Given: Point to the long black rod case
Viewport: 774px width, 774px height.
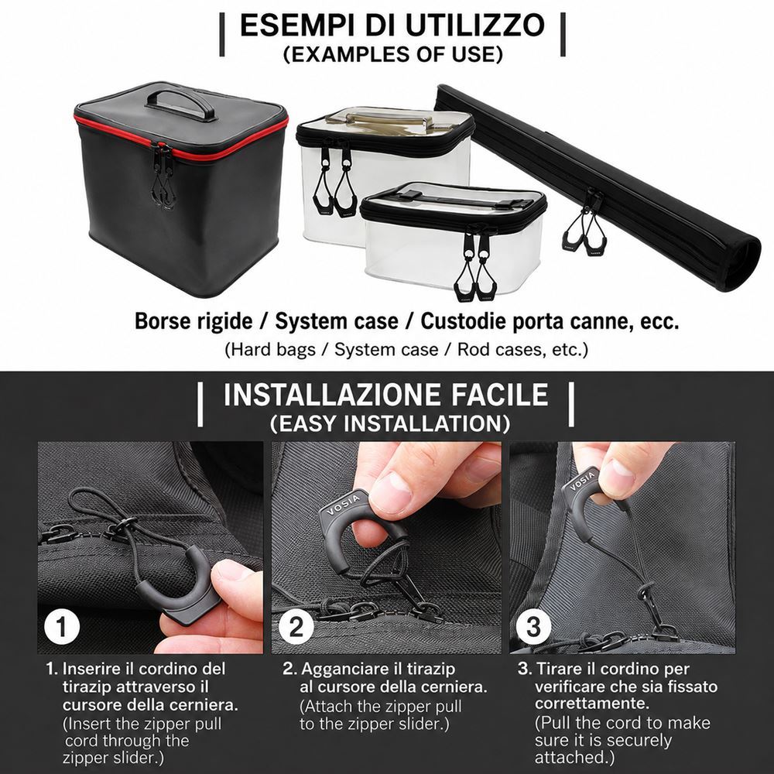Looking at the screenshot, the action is point(598,187).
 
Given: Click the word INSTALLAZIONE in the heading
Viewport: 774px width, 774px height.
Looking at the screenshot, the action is point(333,395).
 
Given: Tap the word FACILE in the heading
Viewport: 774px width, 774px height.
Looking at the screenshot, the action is point(499,395).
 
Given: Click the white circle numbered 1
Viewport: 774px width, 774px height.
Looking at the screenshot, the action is point(62,627).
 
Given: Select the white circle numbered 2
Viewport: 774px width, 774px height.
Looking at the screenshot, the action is point(296,627).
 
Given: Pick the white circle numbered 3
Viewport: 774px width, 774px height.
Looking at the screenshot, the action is point(533,627).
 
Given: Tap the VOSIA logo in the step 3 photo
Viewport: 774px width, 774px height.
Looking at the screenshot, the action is point(583,481).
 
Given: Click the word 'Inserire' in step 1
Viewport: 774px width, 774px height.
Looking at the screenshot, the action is point(92,669).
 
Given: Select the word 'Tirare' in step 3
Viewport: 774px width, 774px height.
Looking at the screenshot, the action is point(560,669).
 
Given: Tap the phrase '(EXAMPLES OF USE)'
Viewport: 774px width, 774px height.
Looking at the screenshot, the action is point(393,54).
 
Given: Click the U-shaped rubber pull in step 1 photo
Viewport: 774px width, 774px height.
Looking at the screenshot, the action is point(180,587).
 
